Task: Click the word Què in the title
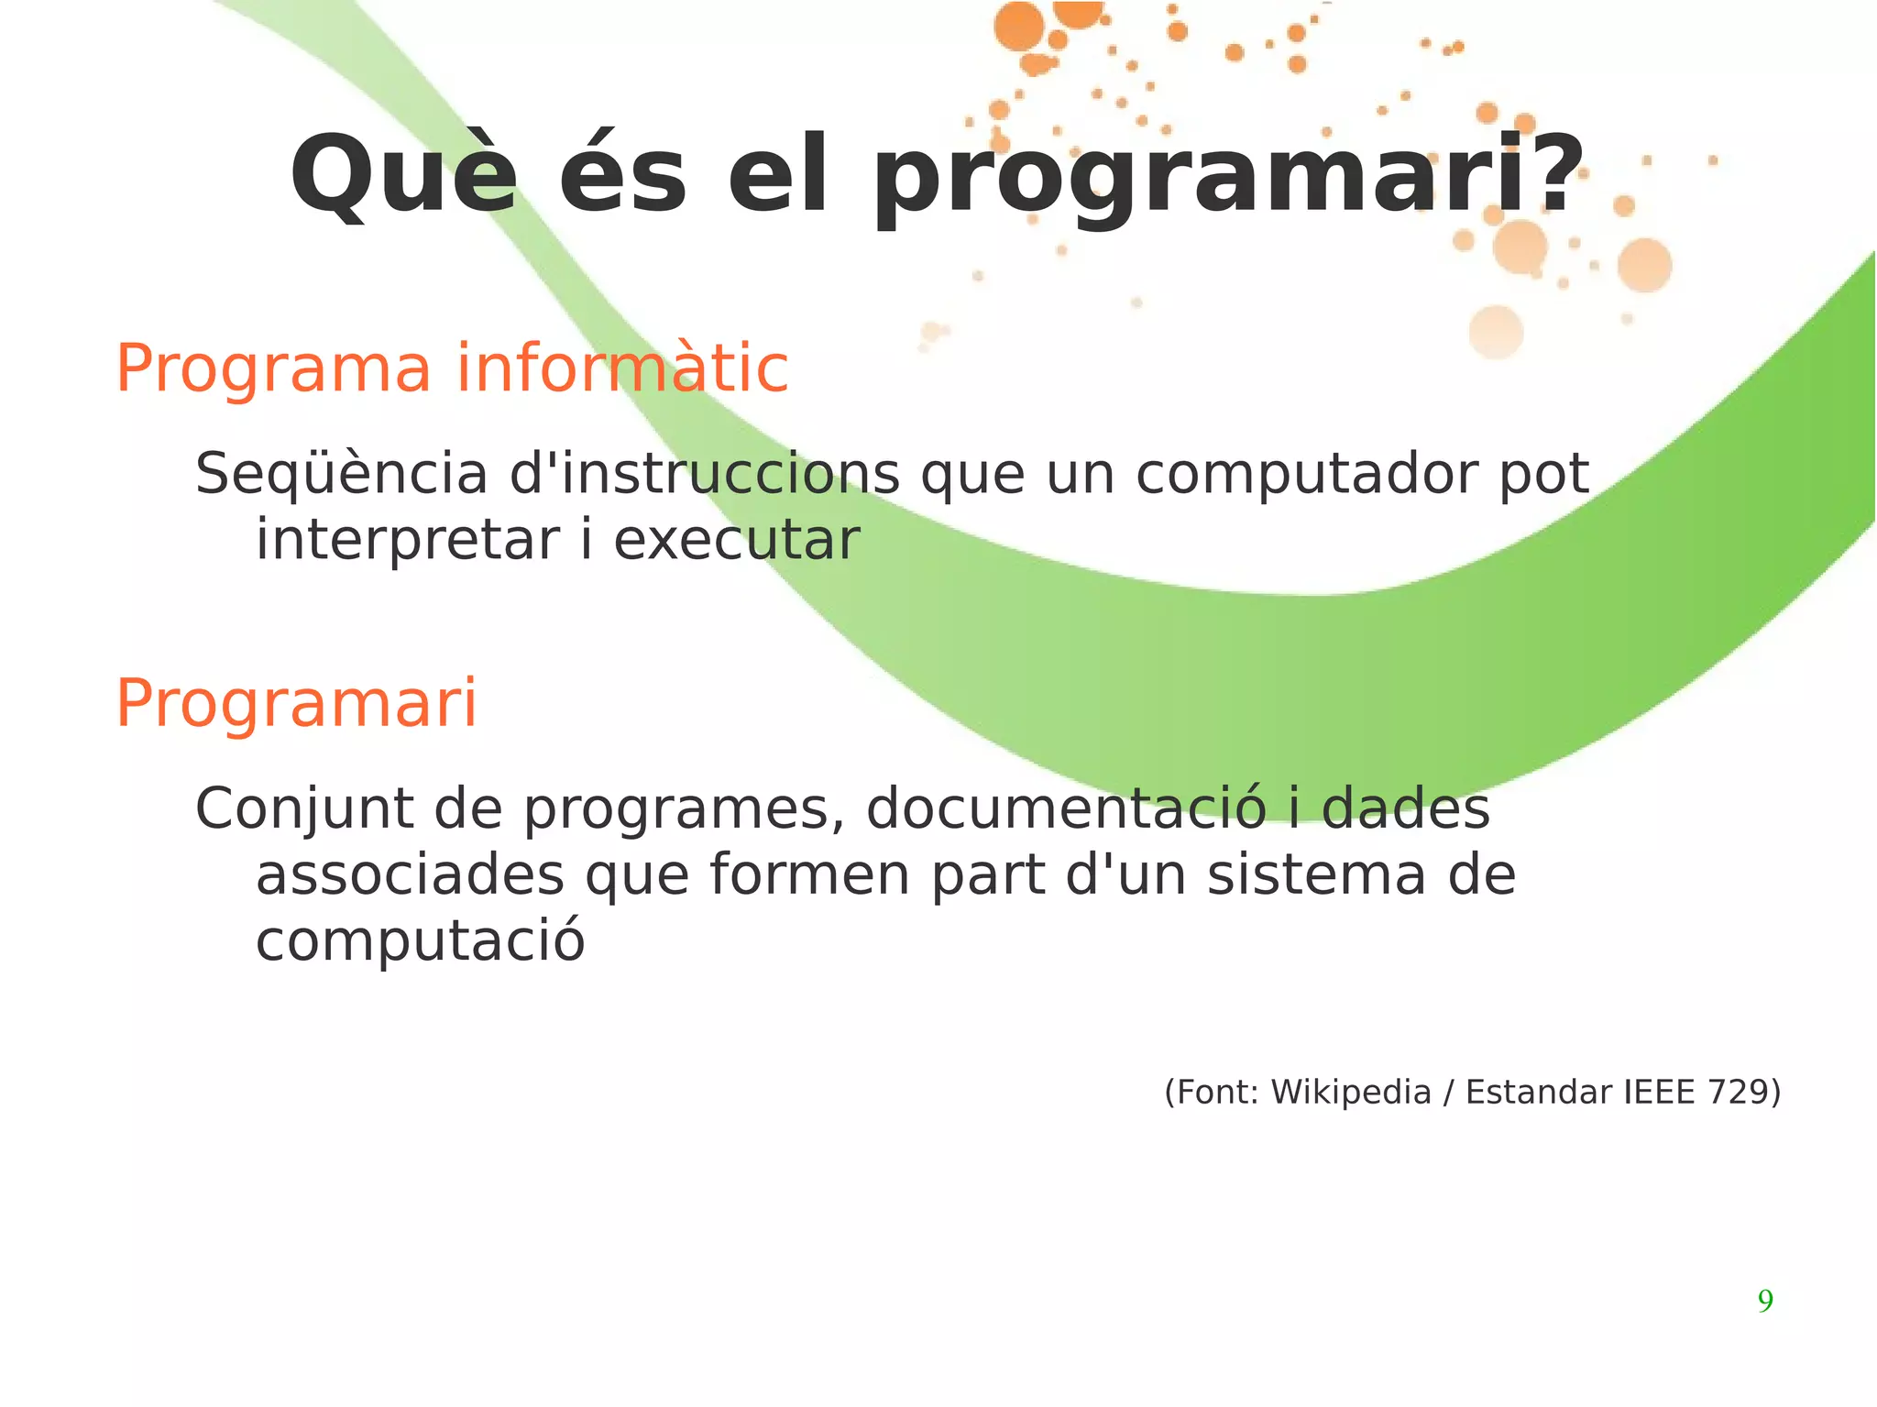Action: tap(403, 176)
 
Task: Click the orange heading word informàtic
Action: tap(622, 368)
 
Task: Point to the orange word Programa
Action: tap(273, 370)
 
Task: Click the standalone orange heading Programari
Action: tap(296, 704)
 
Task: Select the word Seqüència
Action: tap(341, 475)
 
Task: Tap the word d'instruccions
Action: tap(704, 475)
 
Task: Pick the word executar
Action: tap(737, 541)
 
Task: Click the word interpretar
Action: tap(408, 541)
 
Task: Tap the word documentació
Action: tap(1066, 809)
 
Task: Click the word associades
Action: tap(410, 875)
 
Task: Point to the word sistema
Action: tap(1316, 875)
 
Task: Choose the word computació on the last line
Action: tap(420, 941)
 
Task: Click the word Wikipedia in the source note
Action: tap(1351, 1093)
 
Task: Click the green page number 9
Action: tap(1764, 1301)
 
